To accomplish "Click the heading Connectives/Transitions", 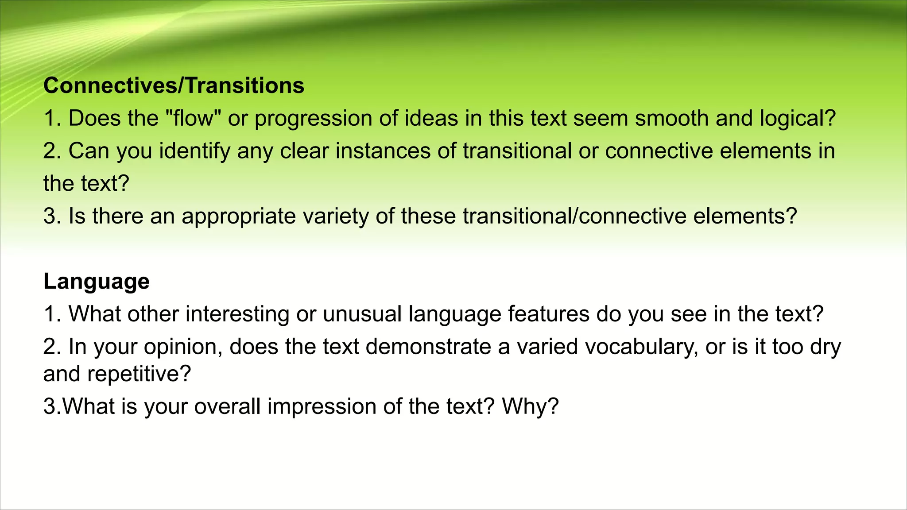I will point(174,85).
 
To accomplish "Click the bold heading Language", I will point(97,282).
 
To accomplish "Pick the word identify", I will point(195,151).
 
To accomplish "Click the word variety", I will point(336,217).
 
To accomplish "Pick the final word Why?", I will point(530,407).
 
